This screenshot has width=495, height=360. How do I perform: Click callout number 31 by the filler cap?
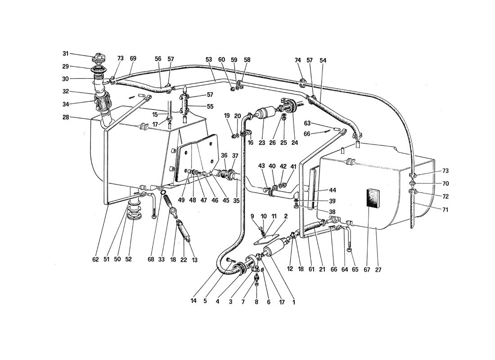(x=65, y=54)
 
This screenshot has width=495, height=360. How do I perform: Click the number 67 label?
(x=366, y=270)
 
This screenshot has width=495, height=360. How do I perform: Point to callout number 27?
(x=378, y=270)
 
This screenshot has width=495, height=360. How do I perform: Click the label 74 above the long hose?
(x=298, y=60)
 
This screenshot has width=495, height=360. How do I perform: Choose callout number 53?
(x=209, y=60)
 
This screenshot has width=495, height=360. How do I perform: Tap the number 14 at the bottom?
(x=193, y=301)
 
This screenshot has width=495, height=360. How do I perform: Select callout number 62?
(x=96, y=259)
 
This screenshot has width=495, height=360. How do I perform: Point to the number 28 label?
(x=66, y=117)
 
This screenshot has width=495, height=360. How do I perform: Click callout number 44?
(x=333, y=190)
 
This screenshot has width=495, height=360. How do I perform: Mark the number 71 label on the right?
(x=445, y=209)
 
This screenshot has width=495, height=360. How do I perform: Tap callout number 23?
(x=262, y=143)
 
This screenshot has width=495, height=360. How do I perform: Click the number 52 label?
(x=128, y=259)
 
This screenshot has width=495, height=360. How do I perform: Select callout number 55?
(x=210, y=107)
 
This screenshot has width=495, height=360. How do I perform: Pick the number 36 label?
(x=224, y=155)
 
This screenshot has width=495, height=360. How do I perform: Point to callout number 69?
(x=133, y=58)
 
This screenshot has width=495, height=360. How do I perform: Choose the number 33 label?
(x=161, y=259)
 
